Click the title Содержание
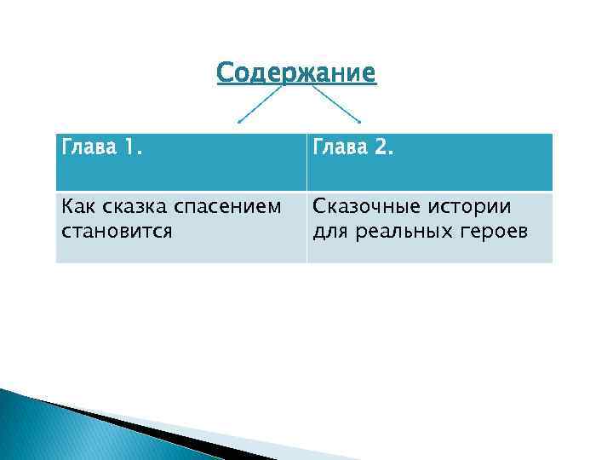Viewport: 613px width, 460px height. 295,73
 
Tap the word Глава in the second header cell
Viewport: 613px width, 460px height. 341,151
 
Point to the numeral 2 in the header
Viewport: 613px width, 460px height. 382,151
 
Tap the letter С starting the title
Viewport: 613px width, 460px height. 225,73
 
